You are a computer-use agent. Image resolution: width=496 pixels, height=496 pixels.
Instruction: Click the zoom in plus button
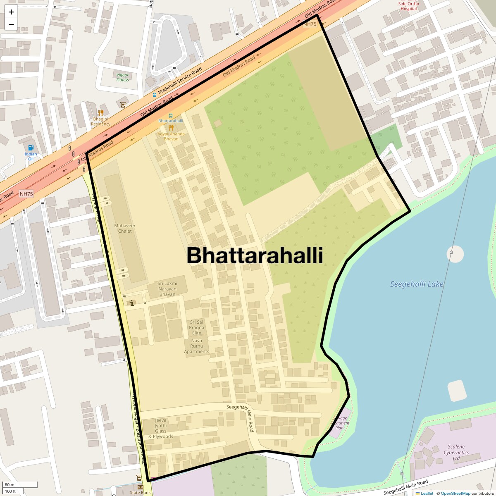[x=11, y=12]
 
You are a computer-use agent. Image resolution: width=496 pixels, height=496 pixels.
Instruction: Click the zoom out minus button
[x=11, y=24]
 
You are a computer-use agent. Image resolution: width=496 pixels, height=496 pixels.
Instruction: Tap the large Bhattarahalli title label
[x=255, y=255]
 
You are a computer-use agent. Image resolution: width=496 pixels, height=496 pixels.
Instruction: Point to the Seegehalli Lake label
[x=417, y=284]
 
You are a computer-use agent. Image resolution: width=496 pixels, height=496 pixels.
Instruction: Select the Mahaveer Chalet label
[x=125, y=229]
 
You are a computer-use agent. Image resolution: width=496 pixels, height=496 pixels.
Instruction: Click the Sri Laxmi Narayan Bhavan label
[x=167, y=289]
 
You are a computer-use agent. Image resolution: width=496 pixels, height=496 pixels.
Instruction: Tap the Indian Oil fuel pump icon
[x=31, y=148]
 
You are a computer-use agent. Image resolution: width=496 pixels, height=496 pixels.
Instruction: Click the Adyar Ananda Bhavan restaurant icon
[x=171, y=128]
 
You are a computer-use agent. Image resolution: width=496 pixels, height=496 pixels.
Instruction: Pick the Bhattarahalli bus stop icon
[x=171, y=116]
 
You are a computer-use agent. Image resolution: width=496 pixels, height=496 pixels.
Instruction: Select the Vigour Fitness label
[x=123, y=77]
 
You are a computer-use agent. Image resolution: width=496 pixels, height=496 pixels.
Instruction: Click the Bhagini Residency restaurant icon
[x=100, y=113]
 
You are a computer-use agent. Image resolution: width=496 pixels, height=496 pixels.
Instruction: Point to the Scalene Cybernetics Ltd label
[x=456, y=452]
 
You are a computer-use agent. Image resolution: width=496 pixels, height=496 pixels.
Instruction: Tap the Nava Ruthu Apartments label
[x=197, y=346]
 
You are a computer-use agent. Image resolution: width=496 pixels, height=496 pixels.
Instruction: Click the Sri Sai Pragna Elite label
[x=197, y=327]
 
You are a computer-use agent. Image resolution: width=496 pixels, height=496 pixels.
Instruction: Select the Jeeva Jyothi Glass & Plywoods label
[x=161, y=428]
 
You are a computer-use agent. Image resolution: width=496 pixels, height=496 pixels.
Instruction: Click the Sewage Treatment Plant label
[x=341, y=423]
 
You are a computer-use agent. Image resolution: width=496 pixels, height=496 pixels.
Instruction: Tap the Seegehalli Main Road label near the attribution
[x=405, y=487]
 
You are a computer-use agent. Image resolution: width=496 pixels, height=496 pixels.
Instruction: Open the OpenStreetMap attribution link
[x=455, y=493]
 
